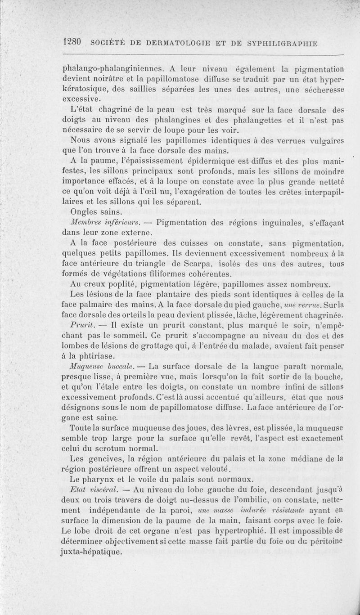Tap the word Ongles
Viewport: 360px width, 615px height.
click(84, 211)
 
